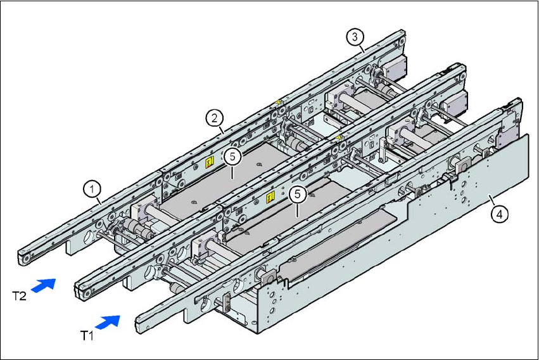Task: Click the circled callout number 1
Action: pos(92,188)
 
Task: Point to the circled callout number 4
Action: pos(500,214)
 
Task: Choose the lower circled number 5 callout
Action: pos(296,194)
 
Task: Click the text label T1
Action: pos(90,335)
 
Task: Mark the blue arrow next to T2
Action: pos(43,285)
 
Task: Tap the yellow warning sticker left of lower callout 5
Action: pos(270,197)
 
